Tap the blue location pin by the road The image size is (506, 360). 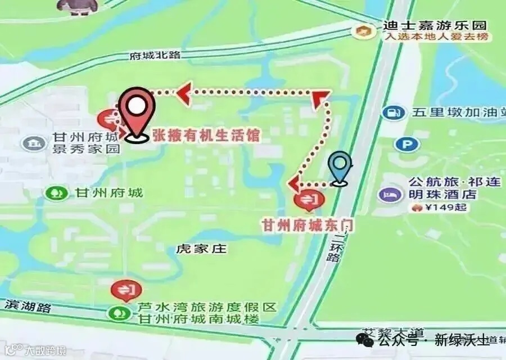340,166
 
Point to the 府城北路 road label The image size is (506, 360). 155,56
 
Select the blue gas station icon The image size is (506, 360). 394,112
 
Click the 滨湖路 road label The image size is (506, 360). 28,307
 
